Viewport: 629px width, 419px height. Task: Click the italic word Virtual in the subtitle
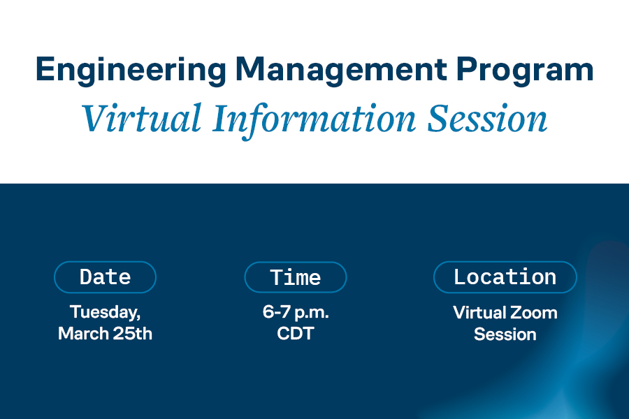pos(142,118)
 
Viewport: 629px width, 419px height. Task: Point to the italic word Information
pos(314,120)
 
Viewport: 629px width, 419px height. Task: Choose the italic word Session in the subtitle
pos(487,118)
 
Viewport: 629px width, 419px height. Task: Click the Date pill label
pos(105,277)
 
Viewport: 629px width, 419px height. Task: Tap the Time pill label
pos(296,277)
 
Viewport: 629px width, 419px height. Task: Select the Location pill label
pos(505,277)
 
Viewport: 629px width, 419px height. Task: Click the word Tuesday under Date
pos(105,312)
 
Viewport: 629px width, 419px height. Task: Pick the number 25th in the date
pos(132,334)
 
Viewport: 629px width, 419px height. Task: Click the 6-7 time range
pos(276,311)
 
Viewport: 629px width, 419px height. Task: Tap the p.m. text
pos(312,313)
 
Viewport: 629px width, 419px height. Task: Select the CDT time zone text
pos(296,334)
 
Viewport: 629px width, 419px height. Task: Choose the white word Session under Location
pos(505,335)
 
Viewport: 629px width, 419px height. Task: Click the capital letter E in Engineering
pos(45,69)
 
